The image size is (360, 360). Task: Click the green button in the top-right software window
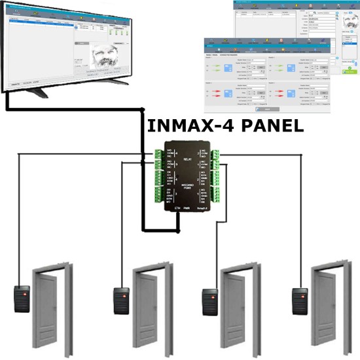[x=351, y=67]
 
